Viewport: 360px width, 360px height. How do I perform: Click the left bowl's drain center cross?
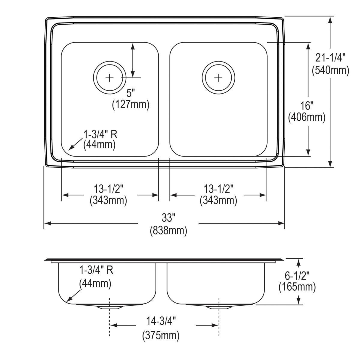pos(110,78)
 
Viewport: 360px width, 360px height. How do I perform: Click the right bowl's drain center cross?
pos(218,78)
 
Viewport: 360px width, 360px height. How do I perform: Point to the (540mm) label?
pos(330,70)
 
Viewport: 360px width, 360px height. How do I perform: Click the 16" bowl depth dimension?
pos(307,105)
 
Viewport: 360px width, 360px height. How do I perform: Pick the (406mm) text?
pos(307,117)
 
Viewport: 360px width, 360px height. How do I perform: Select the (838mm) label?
pos(168,230)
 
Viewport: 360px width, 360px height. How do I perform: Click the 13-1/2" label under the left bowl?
pos(109,188)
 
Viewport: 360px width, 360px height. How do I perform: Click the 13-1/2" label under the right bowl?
pos(218,188)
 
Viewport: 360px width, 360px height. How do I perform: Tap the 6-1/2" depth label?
pos(297,274)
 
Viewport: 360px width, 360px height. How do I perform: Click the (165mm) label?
pos(297,287)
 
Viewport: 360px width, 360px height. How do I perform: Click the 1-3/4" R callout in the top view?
pos(100,134)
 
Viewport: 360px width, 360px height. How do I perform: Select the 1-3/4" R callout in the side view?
pos(96,270)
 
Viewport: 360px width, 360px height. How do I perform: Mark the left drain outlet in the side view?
pos(110,307)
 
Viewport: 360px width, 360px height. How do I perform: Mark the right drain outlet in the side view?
pos(219,307)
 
